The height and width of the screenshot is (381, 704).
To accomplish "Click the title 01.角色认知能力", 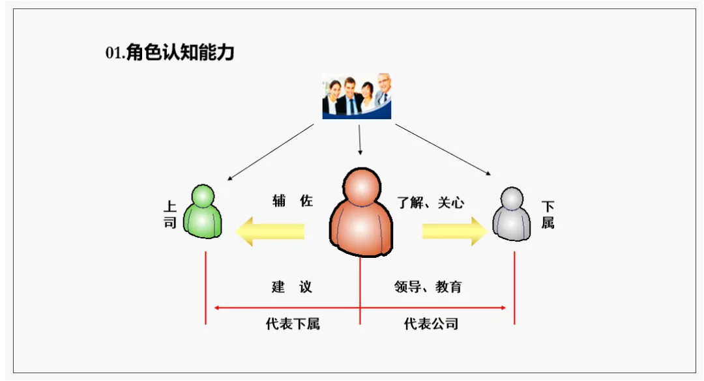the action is click(169, 53).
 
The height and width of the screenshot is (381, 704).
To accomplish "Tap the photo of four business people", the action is click(357, 96).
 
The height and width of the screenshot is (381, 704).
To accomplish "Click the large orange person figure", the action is click(360, 214).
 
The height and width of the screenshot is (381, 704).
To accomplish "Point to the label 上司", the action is click(170, 216).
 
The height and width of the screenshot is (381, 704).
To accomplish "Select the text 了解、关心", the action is click(431, 202).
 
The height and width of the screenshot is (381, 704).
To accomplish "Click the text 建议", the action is click(292, 287).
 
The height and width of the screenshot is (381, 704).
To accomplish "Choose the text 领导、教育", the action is click(428, 287).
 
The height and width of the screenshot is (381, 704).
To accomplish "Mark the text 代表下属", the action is click(293, 324).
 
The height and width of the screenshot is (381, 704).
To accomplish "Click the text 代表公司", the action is click(431, 324).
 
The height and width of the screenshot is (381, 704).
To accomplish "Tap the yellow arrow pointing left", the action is click(270, 231).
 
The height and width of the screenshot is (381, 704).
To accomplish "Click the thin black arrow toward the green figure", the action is click(271, 152).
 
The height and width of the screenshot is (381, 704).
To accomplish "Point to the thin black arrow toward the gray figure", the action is click(443, 150).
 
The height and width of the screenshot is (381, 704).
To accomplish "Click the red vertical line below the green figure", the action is click(205, 287).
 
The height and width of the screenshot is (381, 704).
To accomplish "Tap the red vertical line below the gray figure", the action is click(514, 287).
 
